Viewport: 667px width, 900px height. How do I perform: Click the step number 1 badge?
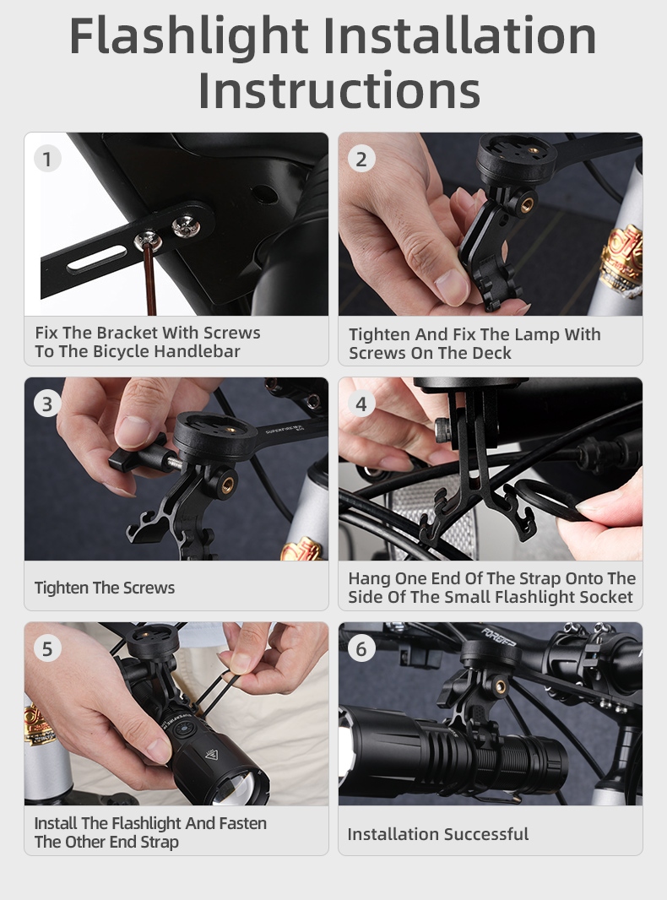47,159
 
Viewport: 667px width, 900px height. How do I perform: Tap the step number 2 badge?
361,159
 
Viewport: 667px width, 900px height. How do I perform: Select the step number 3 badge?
47,404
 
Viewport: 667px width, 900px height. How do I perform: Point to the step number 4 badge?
361,404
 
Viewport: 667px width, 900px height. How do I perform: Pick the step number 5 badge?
47,648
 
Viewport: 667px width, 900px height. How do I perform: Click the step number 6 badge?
361,648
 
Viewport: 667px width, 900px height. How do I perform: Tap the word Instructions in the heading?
339,90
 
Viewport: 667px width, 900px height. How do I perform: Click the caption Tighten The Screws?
105,588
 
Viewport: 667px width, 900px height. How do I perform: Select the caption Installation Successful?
438,834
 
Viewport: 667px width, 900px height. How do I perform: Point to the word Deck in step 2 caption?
491,353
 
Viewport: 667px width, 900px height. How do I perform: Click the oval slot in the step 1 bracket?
97,259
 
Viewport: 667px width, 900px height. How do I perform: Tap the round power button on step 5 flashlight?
184,730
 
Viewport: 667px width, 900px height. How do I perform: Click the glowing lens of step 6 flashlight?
345,751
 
